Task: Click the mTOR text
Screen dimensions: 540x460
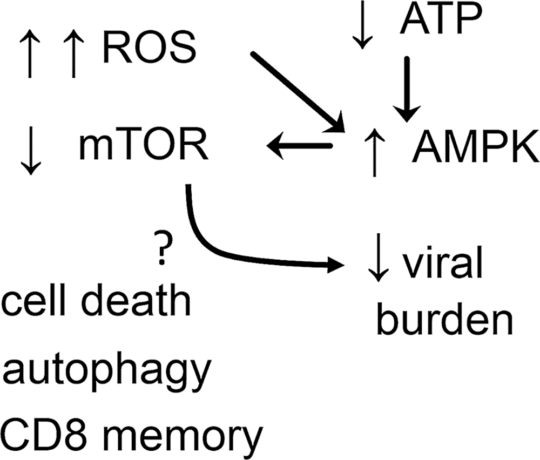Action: coord(144,145)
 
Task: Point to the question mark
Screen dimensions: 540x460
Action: coord(161,247)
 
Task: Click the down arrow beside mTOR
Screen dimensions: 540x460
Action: coord(31,151)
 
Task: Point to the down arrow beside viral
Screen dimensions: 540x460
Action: coord(379,257)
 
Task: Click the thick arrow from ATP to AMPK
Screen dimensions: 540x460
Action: coord(407,89)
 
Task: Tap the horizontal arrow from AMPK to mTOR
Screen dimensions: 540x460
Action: coord(300,146)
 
